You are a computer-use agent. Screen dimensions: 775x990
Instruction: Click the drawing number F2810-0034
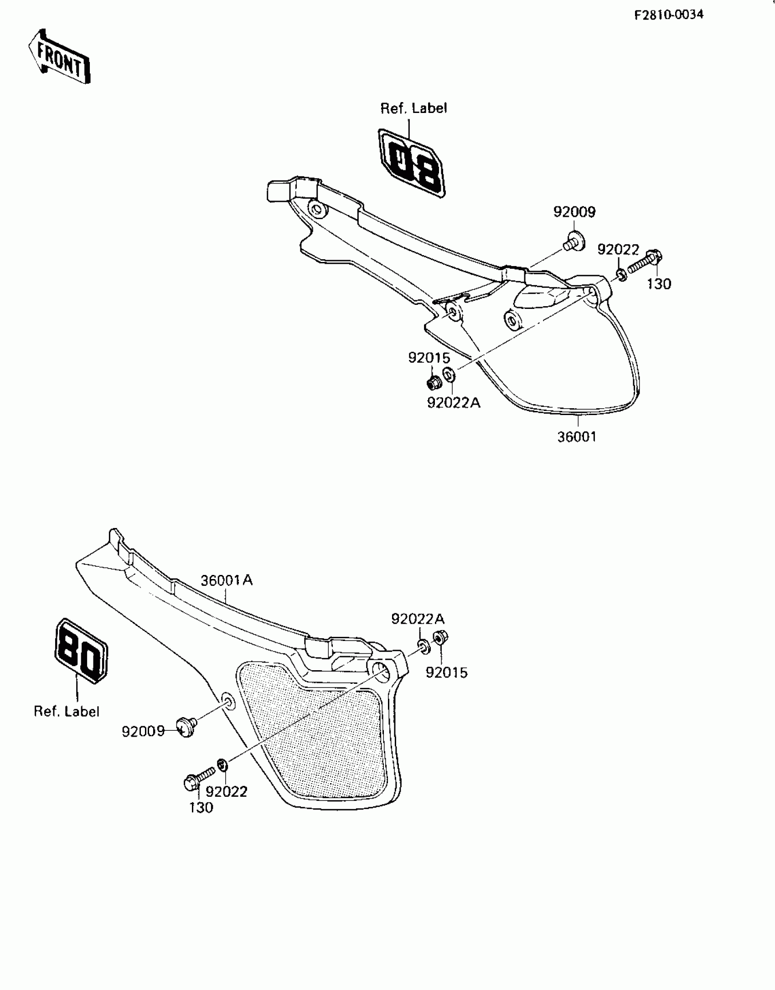coord(669,15)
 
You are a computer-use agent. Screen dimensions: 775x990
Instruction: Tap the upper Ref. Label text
coord(413,108)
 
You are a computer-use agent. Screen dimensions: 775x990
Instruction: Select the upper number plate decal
coord(412,164)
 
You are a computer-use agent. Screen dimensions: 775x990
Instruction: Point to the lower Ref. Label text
coord(67,711)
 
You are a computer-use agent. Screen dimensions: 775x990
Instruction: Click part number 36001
coord(577,437)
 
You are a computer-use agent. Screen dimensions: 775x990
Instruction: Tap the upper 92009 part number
coord(574,212)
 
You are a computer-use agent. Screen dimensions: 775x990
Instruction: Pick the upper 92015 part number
coord(429,358)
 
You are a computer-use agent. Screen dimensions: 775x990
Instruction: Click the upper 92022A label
coord(454,403)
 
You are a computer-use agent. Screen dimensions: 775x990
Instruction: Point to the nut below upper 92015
coord(434,383)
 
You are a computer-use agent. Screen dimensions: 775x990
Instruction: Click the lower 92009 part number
coord(143,731)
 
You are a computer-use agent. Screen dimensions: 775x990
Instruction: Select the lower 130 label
coord(201,807)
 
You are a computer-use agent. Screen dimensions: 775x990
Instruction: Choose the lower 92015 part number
coord(447,672)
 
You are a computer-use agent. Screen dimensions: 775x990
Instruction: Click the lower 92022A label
coord(418,619)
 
